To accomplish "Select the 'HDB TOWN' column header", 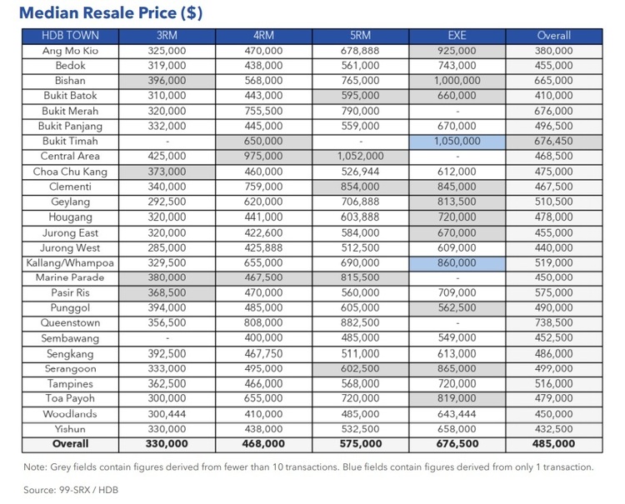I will click(71, 36).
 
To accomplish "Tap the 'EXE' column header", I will click(457, 36).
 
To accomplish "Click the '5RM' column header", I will click(360, 36).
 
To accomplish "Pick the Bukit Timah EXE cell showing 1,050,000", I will click(457, 142).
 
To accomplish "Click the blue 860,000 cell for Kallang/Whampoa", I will click(457, 262).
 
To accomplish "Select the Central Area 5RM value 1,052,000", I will click(360, 157).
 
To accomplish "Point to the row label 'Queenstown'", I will click(71, 323).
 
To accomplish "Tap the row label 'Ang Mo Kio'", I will click(71, 51).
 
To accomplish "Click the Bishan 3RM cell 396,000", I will click(167, 81).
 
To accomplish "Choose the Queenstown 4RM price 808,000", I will click(263, 323).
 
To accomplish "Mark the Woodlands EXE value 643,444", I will click(457, 414).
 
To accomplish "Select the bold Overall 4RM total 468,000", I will click(263, 444).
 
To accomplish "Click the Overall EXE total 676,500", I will click(457, 444).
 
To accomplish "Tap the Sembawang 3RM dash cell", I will click(167, 338).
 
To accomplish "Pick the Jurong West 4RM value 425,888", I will click(263, 247).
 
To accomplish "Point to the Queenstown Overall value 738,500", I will click(553, 323).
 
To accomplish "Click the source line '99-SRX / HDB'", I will click(70, 490).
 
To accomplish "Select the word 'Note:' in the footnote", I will click(36, 467).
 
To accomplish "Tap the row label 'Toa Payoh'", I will click(71, 399).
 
